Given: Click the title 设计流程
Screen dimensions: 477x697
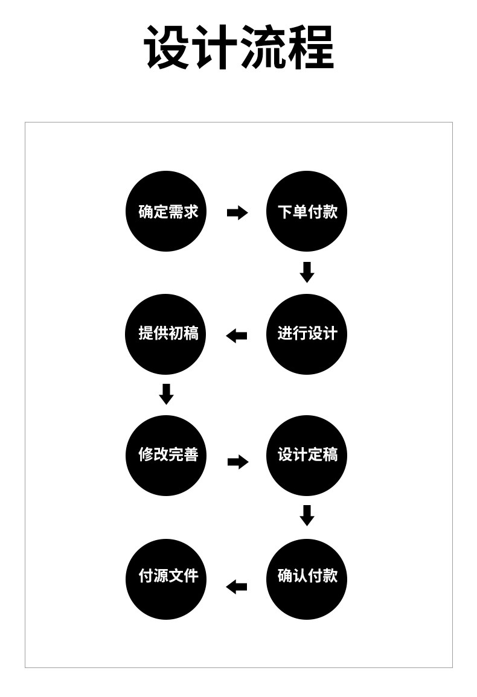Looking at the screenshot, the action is [238, 48].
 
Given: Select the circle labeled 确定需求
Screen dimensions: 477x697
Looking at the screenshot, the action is [166, 211].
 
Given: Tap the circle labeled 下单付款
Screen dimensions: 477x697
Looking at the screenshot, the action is [307, 211].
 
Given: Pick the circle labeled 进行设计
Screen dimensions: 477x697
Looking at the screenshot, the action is [307, 334].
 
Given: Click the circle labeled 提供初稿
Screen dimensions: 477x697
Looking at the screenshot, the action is [166, 334].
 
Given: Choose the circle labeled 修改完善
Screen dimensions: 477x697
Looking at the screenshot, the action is [166, 456].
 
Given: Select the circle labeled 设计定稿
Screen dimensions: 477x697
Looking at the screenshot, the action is [307, 456].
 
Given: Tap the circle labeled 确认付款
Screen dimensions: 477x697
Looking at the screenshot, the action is [307, 578].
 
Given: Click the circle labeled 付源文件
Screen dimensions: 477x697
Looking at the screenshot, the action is [166, 578].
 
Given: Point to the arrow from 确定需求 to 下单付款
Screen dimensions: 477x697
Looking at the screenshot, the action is [237, 212].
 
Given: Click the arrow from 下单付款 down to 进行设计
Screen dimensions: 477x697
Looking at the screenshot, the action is [307, 272].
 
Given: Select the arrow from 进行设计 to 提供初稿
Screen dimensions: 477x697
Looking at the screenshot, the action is [237, 336].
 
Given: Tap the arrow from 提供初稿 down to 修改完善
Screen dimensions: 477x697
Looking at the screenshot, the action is [166, 394].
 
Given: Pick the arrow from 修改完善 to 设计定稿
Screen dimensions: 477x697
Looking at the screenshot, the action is [238, 462].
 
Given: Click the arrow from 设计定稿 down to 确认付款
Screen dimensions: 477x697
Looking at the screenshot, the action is [307, 515].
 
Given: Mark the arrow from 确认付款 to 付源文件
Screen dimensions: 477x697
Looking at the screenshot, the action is [237, 586].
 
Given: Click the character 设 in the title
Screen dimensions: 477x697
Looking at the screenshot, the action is [167, 48].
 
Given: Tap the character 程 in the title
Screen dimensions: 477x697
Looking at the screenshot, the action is [310, 48].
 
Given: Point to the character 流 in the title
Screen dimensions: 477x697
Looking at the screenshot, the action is [263, 48].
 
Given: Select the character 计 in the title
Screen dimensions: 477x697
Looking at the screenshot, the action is [215, 48].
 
